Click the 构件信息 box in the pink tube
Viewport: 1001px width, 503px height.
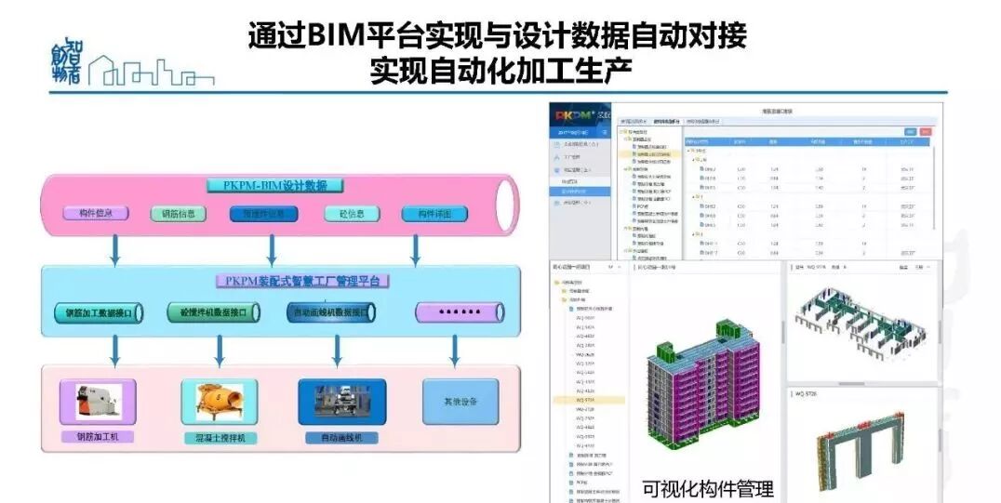pos(95,213)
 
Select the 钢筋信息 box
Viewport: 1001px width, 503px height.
pos(178,214)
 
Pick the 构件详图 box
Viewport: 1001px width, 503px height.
pos(434,214)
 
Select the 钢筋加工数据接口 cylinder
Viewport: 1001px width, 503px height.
pos(98,313)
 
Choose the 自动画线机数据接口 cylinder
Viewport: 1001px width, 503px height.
pos(336,313)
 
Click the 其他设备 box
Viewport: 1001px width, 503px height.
pos(460,402)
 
